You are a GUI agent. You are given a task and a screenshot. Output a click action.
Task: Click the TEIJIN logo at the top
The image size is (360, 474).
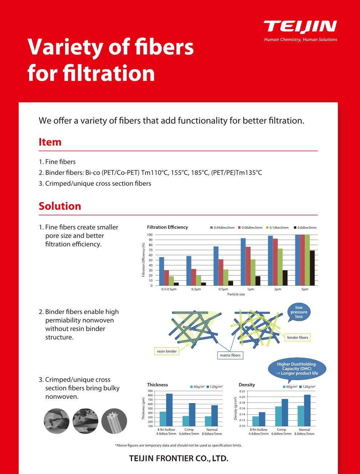click(x=300, y=27)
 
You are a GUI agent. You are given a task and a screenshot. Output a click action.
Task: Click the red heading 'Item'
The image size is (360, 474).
click(x=50, y=142)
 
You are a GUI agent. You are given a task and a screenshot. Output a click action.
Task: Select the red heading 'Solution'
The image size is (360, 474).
click(x=60, y=206)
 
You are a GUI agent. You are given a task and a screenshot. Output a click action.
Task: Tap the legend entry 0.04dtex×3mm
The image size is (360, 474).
click(x=222, y=228)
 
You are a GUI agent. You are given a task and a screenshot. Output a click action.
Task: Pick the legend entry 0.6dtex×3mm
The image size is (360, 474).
click(x=305, y=228)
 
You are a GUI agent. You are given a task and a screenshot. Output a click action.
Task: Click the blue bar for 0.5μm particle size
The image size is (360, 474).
click(x=216, y=266)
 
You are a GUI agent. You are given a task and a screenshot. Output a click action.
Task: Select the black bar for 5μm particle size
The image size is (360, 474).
click(x=312, y=268)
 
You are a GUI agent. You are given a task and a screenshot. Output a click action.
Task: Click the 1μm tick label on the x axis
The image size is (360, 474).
click(x=251, y=289)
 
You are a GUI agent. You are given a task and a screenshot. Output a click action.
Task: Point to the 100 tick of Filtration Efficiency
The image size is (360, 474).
click(x=150, y=235)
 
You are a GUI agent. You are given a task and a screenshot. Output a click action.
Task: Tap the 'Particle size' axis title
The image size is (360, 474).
click(x=236, y=294)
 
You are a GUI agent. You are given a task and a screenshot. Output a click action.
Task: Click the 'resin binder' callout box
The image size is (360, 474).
click(x=167, y=351)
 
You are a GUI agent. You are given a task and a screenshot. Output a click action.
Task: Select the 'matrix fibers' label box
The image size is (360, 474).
click(x=230, y=355)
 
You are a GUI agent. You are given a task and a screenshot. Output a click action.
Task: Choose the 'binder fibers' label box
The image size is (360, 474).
click(x=297, y=337)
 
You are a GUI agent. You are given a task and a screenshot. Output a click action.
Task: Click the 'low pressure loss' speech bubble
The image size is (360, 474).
click(x=299, y=312)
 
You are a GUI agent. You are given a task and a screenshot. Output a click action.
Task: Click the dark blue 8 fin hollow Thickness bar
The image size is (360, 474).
click(x=169, y=410)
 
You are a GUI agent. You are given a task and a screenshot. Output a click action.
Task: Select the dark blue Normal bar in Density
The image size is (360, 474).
click(x=307, y=410)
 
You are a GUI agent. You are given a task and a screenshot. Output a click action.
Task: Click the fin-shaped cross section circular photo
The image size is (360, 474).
click(x=114, y=421)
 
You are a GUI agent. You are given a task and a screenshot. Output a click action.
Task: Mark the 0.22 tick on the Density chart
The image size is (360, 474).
click(x=242, y=391)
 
